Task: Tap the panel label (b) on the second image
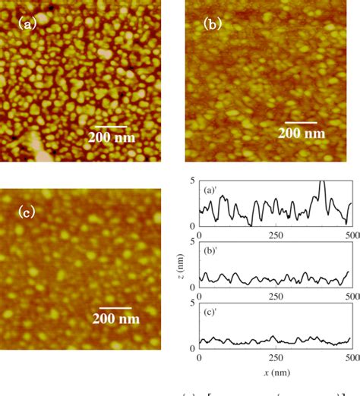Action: click(212, 24)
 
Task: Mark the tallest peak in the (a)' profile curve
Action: click(322, 182)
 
